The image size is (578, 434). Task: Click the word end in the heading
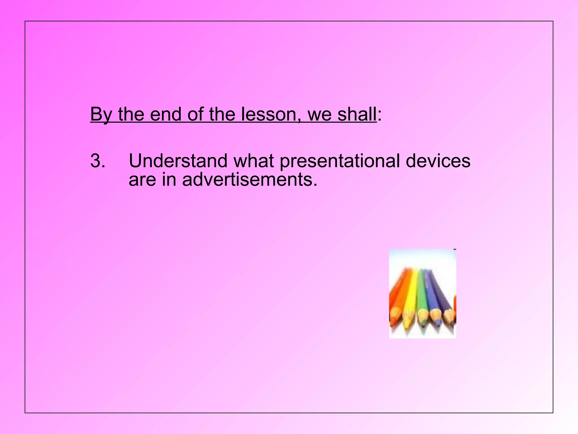(165, 114)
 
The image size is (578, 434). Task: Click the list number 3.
(98, 161)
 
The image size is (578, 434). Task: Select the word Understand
(178, 161)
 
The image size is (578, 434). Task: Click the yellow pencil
(411, 297)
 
